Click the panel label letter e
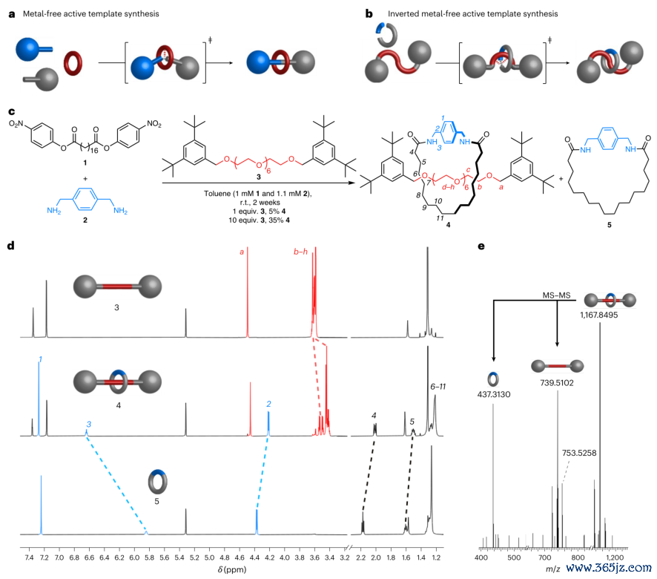coord(481,246)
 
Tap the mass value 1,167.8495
coord(598,315)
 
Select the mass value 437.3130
coord(494,394)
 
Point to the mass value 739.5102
coord(556,382)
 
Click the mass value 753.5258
coord(579,453)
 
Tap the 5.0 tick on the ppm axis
coord(209,557)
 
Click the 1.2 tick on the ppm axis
coord(436,557)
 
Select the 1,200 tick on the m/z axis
coord(615,557)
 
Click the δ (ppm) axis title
coord(232,569)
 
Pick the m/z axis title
coord(552,569)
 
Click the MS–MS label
coord(556,295)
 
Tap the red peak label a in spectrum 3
coord(242,252)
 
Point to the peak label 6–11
coord(438,387)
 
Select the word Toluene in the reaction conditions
coord(217,194)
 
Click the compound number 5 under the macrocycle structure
coord(610,225)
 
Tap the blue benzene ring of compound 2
coord(85,198)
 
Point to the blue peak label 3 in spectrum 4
coord(89,425)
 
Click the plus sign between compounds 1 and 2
coord(85,179)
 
